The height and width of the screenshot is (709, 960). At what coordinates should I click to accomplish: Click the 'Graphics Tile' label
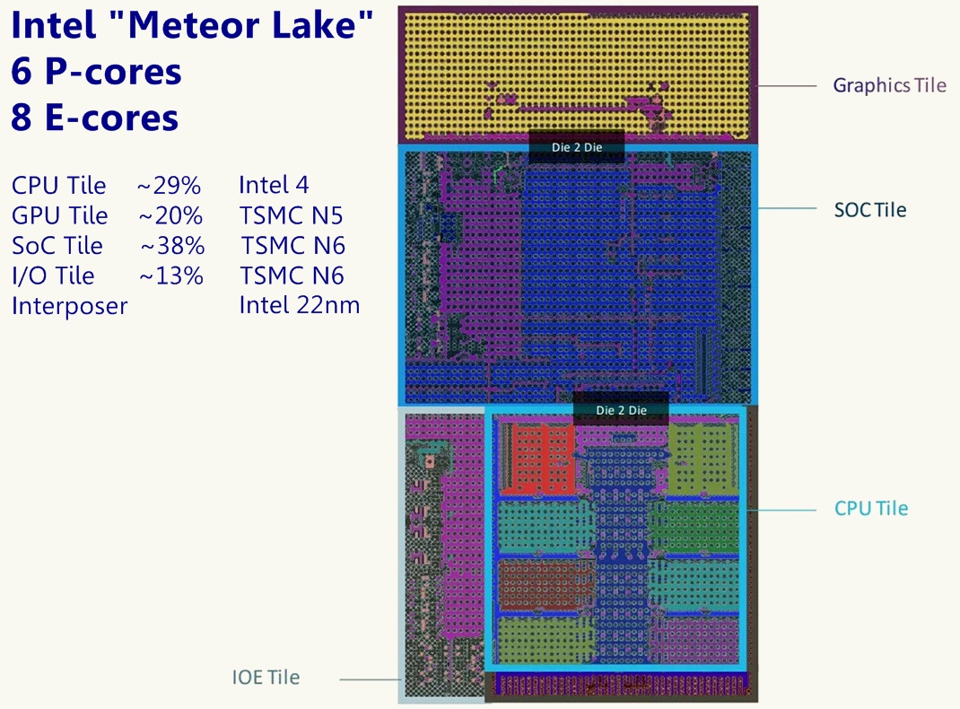click(x=889, y=85)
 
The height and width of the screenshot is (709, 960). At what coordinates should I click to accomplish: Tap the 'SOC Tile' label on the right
click(x=870, y=210)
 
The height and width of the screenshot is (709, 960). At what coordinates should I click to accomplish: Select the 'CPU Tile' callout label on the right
click(x=870, y=508)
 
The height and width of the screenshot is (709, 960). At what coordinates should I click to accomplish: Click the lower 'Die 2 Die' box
click(x=621, y=410)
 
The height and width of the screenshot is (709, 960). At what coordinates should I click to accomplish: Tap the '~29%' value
click(x=169, y=186)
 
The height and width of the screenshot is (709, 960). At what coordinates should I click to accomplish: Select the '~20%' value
click(x=170, y=216)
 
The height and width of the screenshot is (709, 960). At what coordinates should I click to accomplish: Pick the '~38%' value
click(x=172, y=246)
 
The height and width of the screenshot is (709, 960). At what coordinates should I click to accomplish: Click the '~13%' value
click(x=171, y=276)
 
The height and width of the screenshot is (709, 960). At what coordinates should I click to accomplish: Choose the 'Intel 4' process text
click(x=274, y=186)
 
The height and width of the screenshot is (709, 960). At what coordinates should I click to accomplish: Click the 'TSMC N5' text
click(x=292, y=216)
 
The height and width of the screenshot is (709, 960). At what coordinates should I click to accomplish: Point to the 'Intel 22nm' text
click(x=299, y=305)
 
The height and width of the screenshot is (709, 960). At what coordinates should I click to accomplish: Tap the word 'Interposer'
click(x=69, y=306)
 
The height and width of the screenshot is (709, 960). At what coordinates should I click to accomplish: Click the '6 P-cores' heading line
click(x=97, y=72)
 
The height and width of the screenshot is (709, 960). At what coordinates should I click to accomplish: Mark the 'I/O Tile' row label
click(x=52, y=276)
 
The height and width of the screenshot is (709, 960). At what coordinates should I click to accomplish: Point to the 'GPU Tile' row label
click(x=59, y=216)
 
